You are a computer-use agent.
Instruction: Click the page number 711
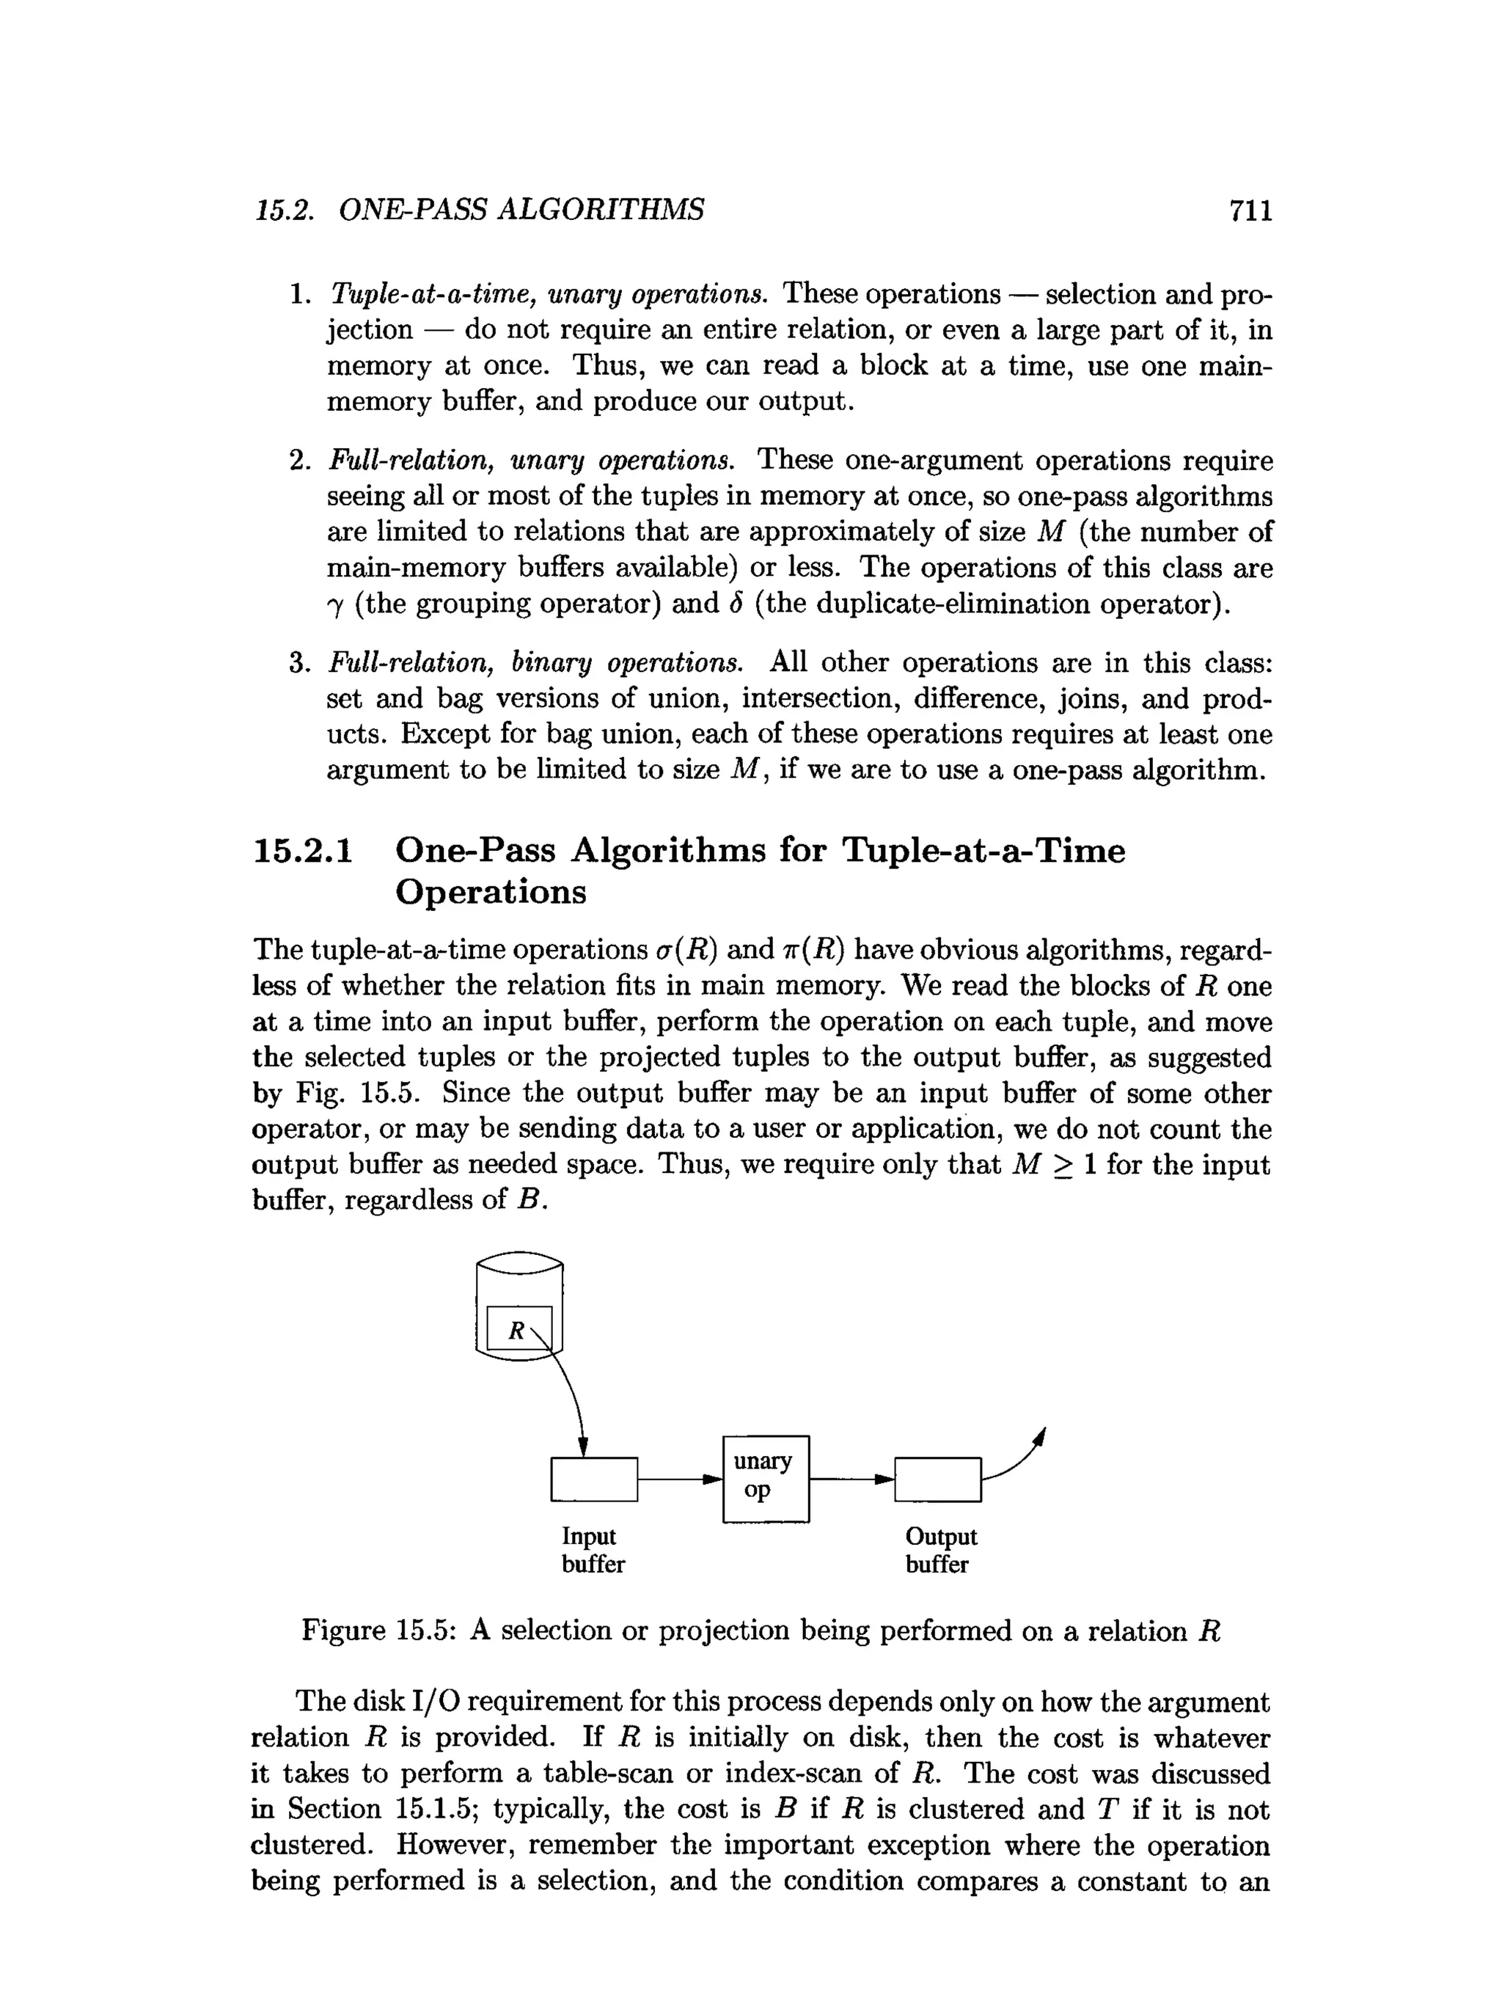(x=1250, y=211)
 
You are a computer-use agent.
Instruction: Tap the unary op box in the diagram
(x=766, y=1479)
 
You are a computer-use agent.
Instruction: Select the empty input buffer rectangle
(x=593, y=1479)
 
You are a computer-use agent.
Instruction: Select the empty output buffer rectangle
(x=938, y=1479)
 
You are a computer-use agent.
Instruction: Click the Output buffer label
(x=940, y=1550)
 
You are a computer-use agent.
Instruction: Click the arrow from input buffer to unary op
(x=680, y=1478)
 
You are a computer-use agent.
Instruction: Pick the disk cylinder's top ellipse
(x=519, y=1263)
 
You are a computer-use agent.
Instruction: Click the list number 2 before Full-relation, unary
(x=298, y=461)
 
